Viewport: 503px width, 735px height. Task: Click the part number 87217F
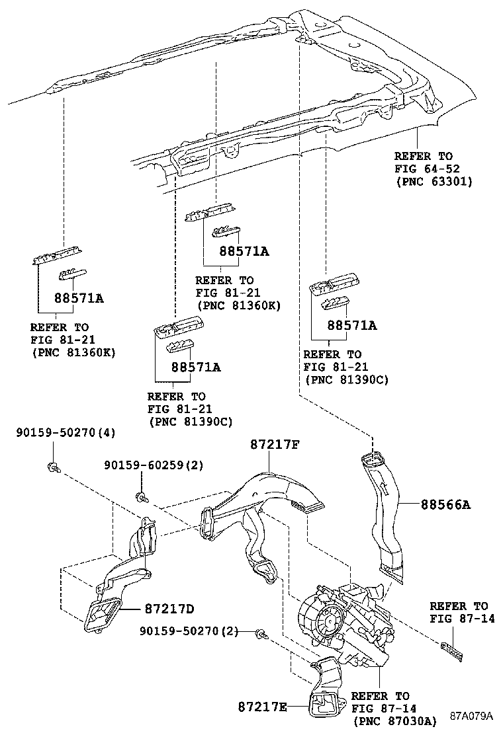coord(275,445)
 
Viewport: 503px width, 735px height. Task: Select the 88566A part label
coord(445,504)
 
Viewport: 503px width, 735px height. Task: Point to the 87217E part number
coord(263,707)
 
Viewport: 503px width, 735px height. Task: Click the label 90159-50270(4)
coord(66,433)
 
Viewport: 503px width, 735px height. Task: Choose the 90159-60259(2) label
coord(154,465)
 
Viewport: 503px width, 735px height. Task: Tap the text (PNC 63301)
coord(433,181)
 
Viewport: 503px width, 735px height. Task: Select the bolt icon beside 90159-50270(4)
coord(52,468)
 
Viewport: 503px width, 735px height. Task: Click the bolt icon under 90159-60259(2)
coord(140,496)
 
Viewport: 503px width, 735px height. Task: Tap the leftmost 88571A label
coord(79,298)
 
